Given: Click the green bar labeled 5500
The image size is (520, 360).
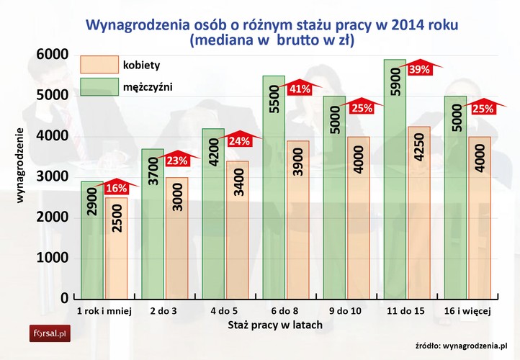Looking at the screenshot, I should pyautogui.click(x=273, y=186).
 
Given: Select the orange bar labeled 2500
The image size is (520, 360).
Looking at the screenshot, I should pyautogui.click(x=116, y=247).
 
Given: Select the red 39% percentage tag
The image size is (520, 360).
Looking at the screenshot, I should pyautogui.click(x=419, y=70).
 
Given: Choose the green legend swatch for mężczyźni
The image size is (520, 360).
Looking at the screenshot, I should pyautogui.click(x=99, y=87).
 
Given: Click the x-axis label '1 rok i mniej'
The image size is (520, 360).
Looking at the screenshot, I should pyautogui.click(x=104, y=311).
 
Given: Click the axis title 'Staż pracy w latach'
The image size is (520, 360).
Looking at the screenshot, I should pyautogui.click(x=275, y=325).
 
